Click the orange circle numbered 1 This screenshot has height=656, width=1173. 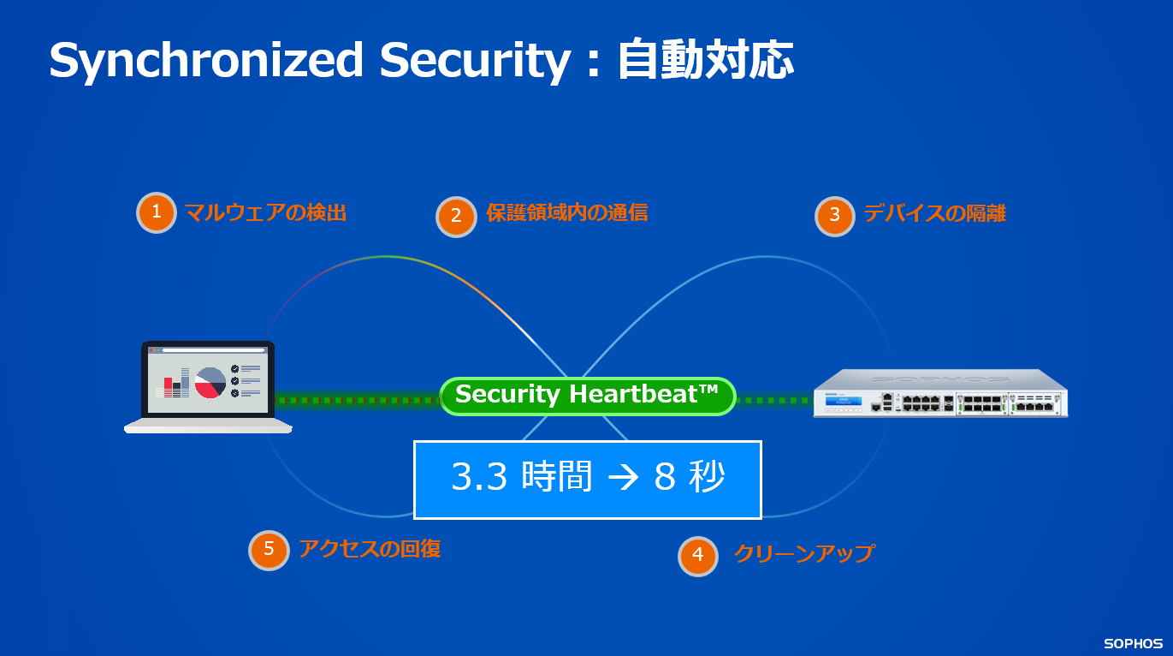(x=157, y=212)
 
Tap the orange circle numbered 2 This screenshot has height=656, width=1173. (x=456, y=216)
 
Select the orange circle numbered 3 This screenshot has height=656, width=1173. (x=834, y=215)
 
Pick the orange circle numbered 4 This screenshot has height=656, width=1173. (x=698, y=555)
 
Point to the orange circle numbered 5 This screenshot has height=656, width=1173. (x=269, y=549)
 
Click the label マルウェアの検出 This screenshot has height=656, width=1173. (x=265, y=212)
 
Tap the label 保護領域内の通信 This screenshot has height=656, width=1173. (x=566, y=212)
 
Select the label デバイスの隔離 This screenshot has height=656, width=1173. (x=934, y=213)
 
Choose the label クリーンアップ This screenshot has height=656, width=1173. (x=803, y=553)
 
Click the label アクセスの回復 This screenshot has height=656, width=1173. (x=369, y=548)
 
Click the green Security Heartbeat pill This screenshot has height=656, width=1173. (x=587, y=396)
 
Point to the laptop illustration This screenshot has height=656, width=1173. (x=209, y=386)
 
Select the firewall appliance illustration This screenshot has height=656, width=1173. (x=940, y=393)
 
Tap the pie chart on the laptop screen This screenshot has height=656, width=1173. (x=210, y=382)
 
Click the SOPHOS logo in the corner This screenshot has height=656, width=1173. (x=1132, y=643)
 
